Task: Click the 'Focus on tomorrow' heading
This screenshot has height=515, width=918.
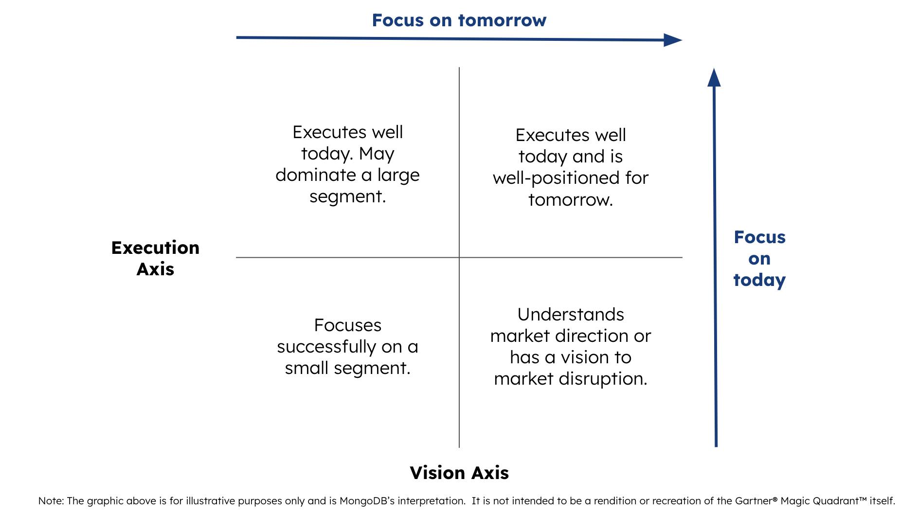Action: pos(459,20)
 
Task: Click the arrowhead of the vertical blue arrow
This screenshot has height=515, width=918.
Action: pos(714,78)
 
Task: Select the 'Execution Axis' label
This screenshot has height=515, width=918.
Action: pos(155,258)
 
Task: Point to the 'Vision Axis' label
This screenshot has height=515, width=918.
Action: pos(459,473)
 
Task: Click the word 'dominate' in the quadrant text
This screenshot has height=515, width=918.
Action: pos(316,175)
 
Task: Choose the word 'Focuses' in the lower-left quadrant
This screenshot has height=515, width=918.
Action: pos(347,325)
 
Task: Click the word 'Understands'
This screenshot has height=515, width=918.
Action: pos(571,315)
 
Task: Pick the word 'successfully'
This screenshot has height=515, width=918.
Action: pos(326,347)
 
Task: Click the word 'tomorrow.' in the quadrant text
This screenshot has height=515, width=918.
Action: pos(571,200)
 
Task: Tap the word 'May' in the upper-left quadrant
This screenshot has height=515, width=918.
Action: pos(377,154)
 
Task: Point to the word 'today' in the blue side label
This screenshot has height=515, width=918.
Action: pos(759,280)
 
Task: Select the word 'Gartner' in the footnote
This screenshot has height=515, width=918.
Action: pos(750,501)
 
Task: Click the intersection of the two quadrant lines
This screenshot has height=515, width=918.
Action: pos(459,257)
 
